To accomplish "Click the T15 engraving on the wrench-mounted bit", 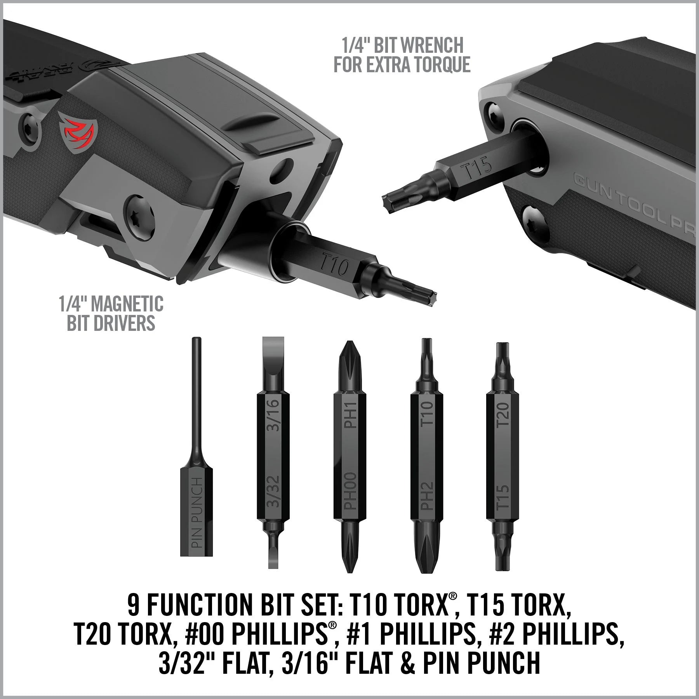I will point(476,167).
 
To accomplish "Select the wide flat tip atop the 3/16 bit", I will point(273,351).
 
